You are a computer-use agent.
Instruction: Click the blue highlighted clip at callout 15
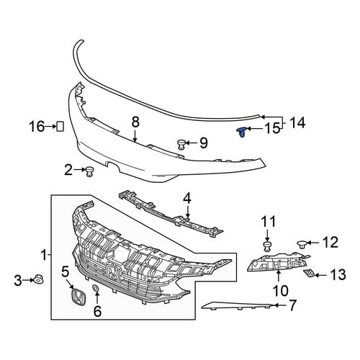pos(242,132)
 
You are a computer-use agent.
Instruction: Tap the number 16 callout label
pos(37,126)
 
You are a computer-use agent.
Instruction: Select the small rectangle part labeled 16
pos(60,126)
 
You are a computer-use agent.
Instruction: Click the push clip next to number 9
pos(181,144)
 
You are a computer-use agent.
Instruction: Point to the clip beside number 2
pos(89,171)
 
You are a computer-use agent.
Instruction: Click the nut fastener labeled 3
pos(38,280)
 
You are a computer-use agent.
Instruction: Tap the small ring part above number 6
pos(96,288)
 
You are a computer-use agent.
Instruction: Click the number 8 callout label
pos(135,122)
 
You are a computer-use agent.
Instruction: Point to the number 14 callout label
pos(297,122)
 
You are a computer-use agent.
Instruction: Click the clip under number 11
pos(267,247)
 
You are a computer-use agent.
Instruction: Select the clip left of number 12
pos(302,245)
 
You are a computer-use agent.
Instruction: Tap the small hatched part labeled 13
pos(307,273)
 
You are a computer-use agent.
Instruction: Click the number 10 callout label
pos(280,291)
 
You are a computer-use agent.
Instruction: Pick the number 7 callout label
pos(292,305)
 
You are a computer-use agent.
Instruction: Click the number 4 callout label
pos(187,199)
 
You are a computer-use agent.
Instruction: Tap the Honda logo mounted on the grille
pos(114,273)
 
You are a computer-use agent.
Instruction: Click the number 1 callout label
pos(44,255)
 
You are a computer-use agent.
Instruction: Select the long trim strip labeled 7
pos(238,305)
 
